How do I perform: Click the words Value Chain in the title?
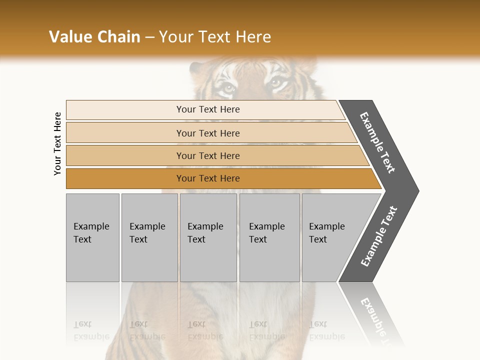(94, 37)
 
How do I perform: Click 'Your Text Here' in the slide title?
(215, 37)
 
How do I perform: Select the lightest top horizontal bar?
(207, 109)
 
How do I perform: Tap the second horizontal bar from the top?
(207, 133)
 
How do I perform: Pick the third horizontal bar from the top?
(207, 155)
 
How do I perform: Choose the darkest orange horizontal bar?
(207, 178)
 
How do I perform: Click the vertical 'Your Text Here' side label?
(57, 143)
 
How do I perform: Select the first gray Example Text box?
(92, 237)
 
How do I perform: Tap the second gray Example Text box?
(149, 237)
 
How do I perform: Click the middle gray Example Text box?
(208, 237)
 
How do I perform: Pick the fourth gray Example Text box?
(269, 237)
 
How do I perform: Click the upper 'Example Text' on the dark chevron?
(377, 142)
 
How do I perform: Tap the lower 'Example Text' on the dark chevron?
(379, 236)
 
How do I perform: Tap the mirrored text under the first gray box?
(91, 330)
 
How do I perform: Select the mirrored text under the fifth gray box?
(327, 330)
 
